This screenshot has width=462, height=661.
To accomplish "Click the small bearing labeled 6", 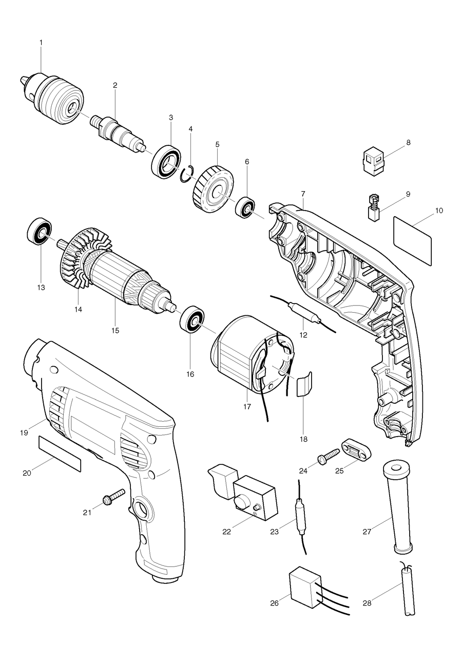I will [245, 207].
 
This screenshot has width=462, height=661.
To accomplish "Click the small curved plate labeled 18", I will [304, 384].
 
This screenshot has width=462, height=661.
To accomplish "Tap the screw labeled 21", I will [114, 497].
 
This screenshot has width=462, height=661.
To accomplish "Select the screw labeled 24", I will [328, 456].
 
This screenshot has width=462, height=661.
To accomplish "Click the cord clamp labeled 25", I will [355, 449].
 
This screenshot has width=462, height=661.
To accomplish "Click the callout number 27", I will [367, 532].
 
